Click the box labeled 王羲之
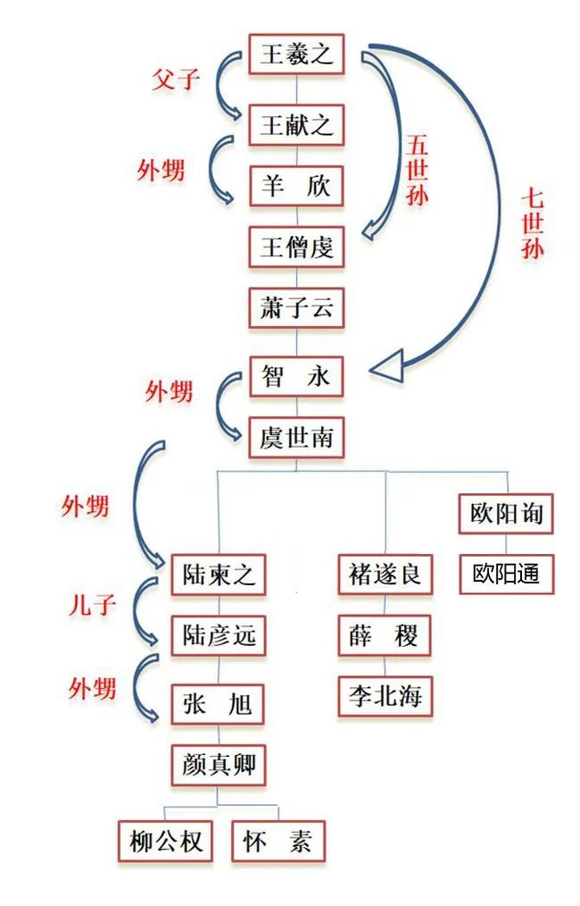point(296,55)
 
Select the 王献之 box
point(296,124)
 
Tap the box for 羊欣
point(296,186)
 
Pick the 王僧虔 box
point(296,247)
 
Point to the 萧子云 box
point(296,309)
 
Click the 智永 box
point(296,376)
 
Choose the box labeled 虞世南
point(296,439)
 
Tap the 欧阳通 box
point(506,574)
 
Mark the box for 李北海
point(385,694)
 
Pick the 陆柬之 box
point(219,574)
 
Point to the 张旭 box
point(219,703)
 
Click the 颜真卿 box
point(219,766)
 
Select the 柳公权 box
point(166,842)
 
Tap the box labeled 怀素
point(278,842)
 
